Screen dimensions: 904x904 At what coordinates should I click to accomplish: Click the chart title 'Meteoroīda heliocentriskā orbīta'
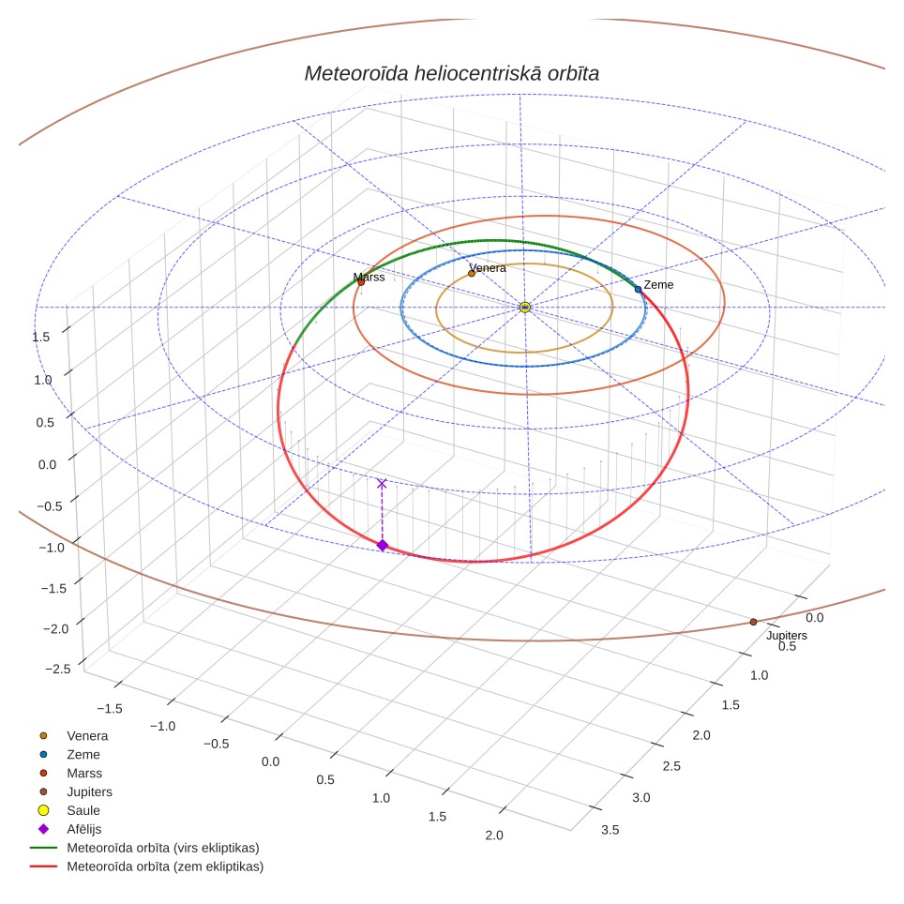click(x=451, y=74)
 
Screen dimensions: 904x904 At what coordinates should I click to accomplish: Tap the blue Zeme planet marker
click(x=639, y=290)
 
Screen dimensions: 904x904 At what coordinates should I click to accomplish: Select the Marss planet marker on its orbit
click(x=361, y=282)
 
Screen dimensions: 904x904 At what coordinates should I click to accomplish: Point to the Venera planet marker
click(x=472, y=273)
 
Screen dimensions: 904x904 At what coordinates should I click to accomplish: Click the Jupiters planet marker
click(x=754, y=622)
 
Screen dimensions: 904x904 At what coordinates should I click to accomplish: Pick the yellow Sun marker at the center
click(x=524, y=308)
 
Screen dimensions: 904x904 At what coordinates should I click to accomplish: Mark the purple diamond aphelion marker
click(x=383, y=546)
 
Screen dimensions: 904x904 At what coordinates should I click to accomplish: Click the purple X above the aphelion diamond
click(x=382, y=484)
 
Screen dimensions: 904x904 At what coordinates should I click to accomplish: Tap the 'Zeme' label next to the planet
click(x=658, y=285)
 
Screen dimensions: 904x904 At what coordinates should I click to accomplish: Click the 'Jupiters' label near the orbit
click(x=787, y=636)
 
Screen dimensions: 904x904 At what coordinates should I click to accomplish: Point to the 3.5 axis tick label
click(x=610, y=830)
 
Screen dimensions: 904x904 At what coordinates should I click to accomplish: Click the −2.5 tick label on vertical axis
click(x=58, y=669)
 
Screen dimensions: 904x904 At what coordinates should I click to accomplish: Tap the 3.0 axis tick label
click(x=641, y=798)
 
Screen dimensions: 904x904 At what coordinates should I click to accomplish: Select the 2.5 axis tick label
click(x=671, y=766)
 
